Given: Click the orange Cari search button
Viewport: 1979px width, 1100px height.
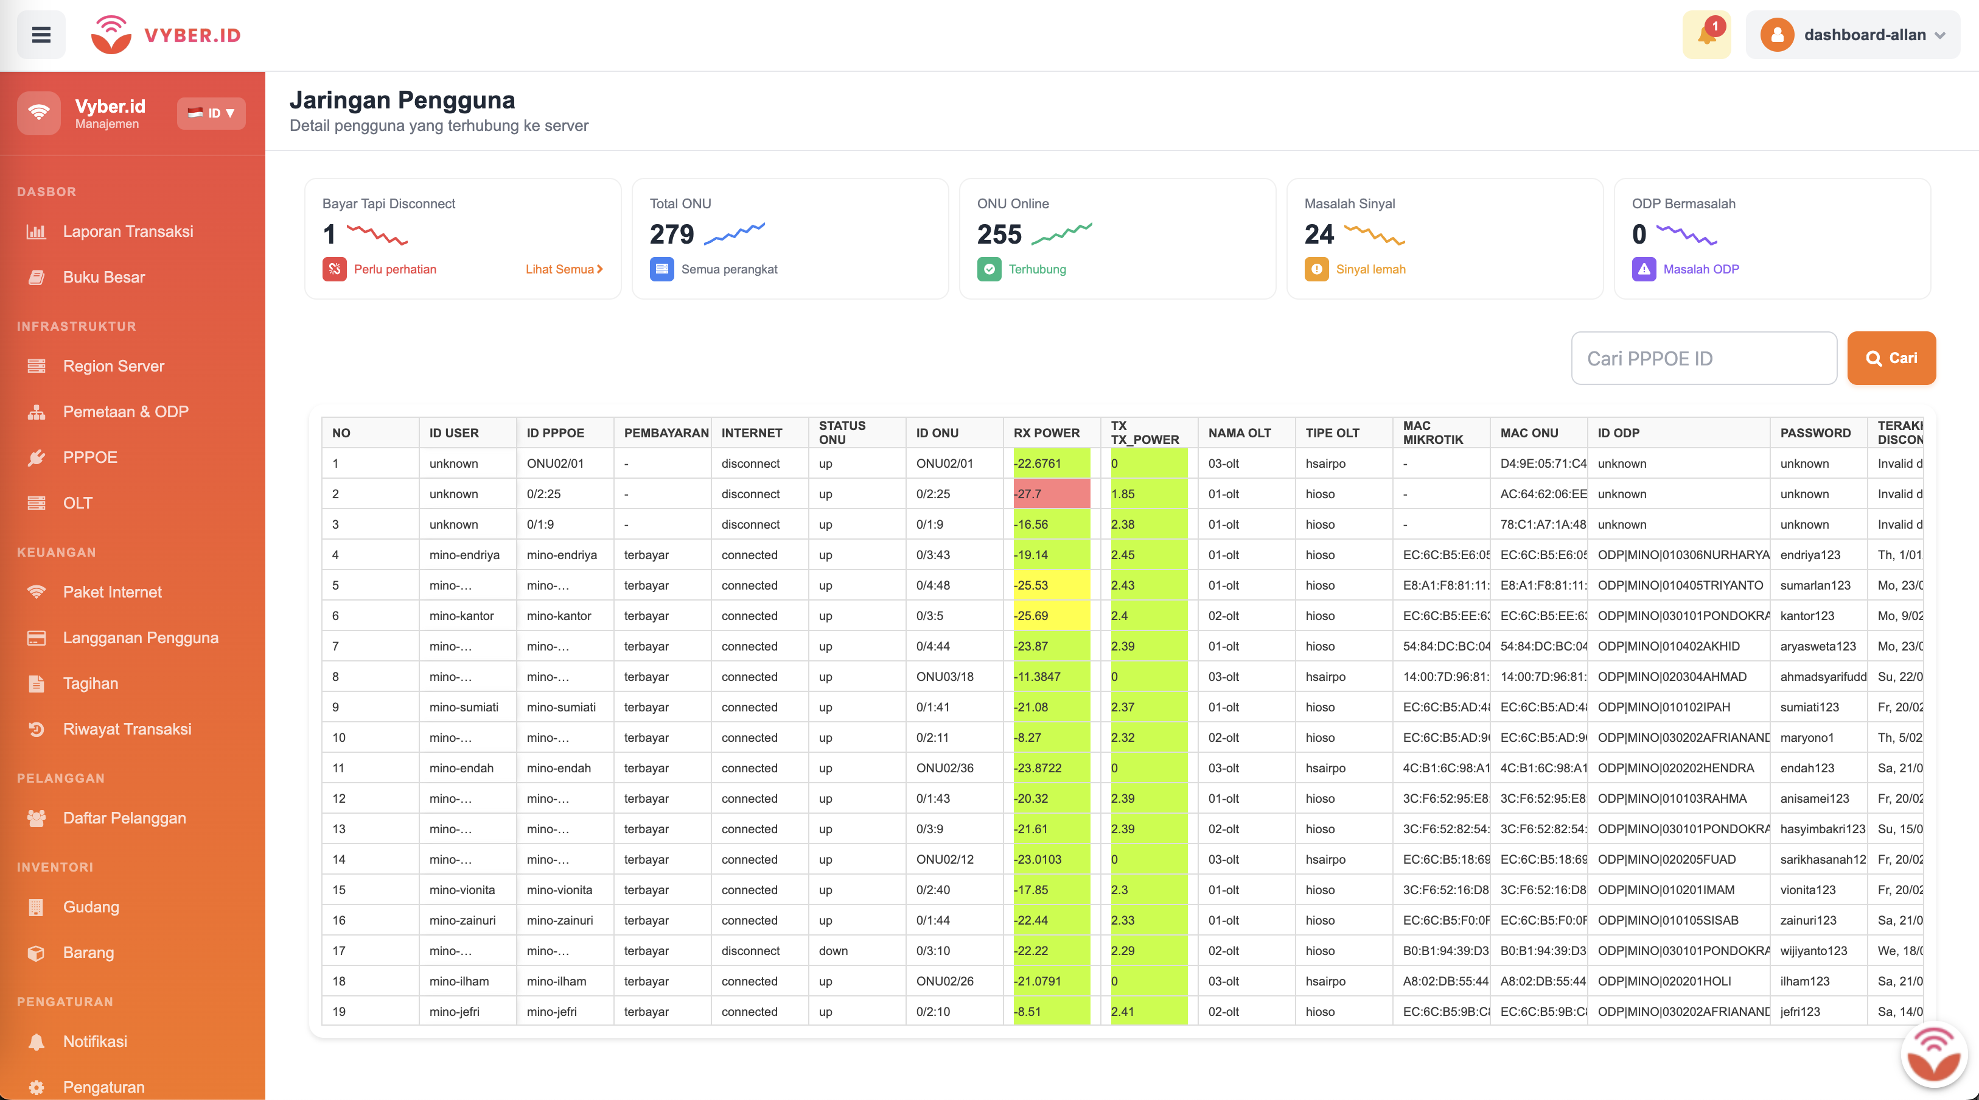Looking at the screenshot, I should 1891,358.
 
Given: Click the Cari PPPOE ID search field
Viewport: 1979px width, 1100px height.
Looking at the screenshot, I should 1703,359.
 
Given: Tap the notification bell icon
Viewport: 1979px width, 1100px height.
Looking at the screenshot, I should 1706,35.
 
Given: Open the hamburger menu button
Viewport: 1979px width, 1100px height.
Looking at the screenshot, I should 41,35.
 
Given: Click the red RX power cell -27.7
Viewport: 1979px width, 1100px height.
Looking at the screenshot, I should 1050,493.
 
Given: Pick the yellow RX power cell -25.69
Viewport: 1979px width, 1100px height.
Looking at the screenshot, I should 1050,616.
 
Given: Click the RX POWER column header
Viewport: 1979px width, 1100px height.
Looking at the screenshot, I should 1045,433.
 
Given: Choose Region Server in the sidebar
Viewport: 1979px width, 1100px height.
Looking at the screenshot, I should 113,366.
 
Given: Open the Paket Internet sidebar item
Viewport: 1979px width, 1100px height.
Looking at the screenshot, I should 112,592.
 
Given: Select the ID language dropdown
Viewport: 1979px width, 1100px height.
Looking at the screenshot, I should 211,113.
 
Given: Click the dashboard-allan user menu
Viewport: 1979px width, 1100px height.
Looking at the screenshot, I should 1852,35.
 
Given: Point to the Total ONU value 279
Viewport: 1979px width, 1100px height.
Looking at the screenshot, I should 671,234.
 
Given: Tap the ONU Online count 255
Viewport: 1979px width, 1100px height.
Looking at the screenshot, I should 999,234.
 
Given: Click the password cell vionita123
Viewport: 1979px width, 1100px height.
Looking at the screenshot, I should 1807,889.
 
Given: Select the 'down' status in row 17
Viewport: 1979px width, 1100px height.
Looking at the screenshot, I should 832,951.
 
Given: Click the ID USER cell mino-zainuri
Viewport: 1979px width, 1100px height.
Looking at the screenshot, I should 462,920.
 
